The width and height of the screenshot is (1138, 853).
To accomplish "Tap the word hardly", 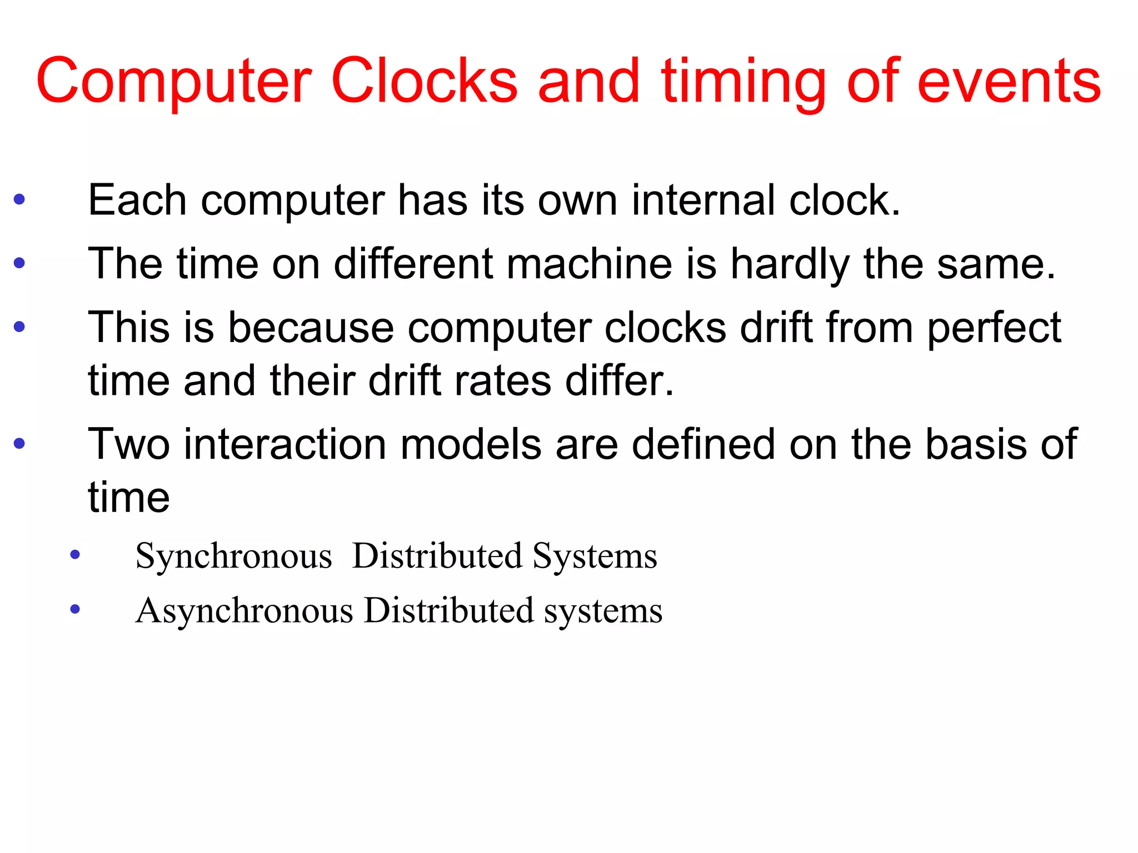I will [x=790, y=264].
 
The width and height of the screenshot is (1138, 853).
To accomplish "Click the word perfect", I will [x=994, y=328].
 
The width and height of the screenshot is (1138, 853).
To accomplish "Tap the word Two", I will [x=128, y=444].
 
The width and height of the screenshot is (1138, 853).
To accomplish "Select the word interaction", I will [x=285, y=444].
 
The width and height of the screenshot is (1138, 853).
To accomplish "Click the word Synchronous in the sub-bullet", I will [x=233, y=556].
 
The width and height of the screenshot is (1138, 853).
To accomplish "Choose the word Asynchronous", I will [x=244, y=611].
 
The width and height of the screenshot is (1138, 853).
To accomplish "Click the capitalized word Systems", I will [x=595, y=556].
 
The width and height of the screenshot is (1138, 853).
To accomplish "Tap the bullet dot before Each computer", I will [x=19, y=199].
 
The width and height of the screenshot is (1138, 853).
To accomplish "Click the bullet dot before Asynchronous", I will [x=75, y=610].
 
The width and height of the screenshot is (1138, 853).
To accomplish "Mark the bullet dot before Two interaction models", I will [x=19, y=443].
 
